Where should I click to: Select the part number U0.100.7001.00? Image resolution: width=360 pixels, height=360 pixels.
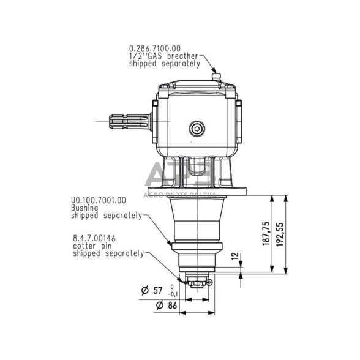click(98, 200)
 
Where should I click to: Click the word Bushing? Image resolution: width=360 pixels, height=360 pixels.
click(84, 208)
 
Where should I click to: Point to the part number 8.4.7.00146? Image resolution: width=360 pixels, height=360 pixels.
click(94, 238)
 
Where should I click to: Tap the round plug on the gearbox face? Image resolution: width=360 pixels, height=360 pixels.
click(197, 128)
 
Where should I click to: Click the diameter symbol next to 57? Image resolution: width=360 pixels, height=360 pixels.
click(145, 290)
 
